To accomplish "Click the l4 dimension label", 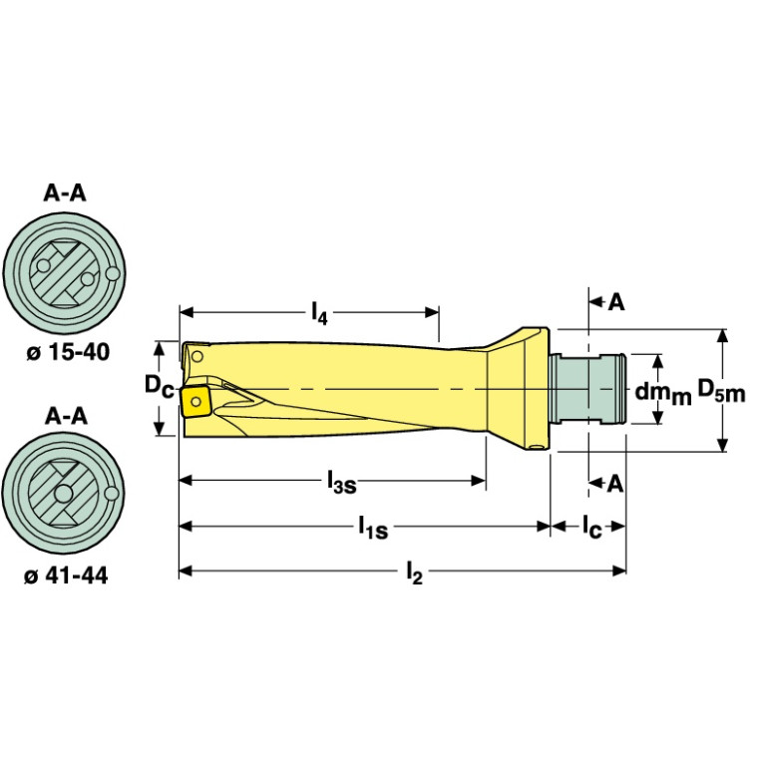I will click(319, 315).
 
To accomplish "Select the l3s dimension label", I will click(342, 484).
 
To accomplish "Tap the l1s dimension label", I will click(374, 527).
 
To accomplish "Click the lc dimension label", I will click(591, 527).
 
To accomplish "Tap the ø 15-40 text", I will click(65, 352).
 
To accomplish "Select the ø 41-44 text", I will click(65, 576).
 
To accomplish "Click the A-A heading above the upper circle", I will click(65, 193).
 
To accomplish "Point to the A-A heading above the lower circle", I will click(65, 417).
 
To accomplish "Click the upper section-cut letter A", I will click(616, 302).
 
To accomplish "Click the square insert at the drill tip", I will click(194, 403).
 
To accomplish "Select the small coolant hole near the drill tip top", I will click(197, 355).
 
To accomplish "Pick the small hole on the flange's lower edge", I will click(540, 443).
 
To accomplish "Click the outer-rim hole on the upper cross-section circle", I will click(113, 273).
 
